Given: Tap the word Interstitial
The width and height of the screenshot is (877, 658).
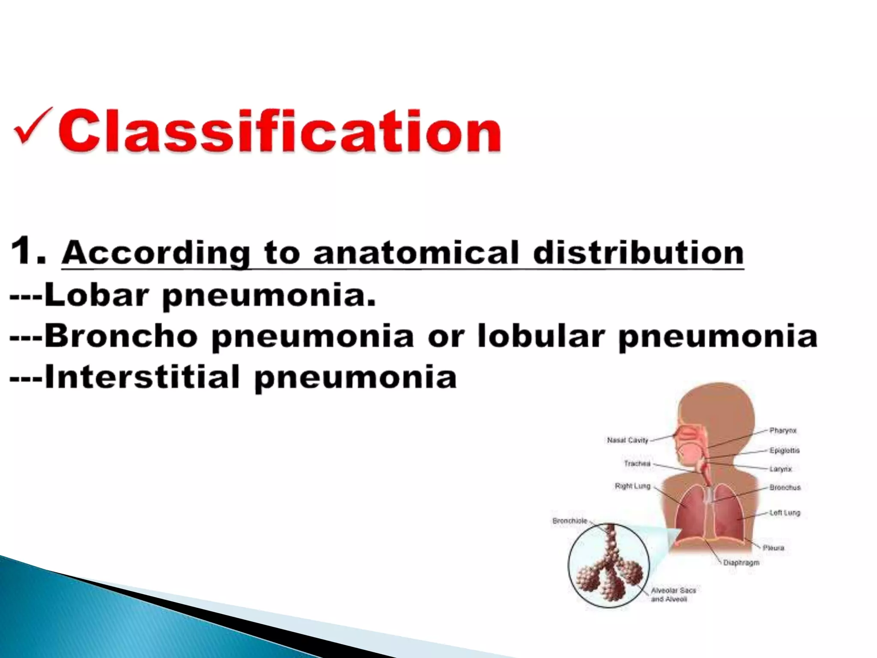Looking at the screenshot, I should click(x=141, y=377).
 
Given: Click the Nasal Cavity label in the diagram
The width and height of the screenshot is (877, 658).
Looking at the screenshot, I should click(x=627, y=440).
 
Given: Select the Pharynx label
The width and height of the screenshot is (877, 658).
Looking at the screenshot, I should click(x=783, y=431).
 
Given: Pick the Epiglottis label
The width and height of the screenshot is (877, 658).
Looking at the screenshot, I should click(x=785, y=450).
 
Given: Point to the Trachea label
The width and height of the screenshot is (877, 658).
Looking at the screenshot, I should click(x=637, y=464).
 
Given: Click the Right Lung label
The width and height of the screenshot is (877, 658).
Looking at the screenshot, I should click(x=632, y=486).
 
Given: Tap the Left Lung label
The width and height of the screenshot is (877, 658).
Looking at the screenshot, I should click(x=785, y=512).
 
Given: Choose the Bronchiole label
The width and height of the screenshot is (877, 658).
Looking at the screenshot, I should click(x=570, y=521).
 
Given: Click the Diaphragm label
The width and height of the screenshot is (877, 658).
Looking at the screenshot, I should click(x=741, y=562).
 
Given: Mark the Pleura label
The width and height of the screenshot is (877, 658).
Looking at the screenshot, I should click(x=773, y=547).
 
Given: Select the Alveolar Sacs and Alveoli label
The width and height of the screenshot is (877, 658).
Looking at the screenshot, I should click(x=673, y=595).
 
